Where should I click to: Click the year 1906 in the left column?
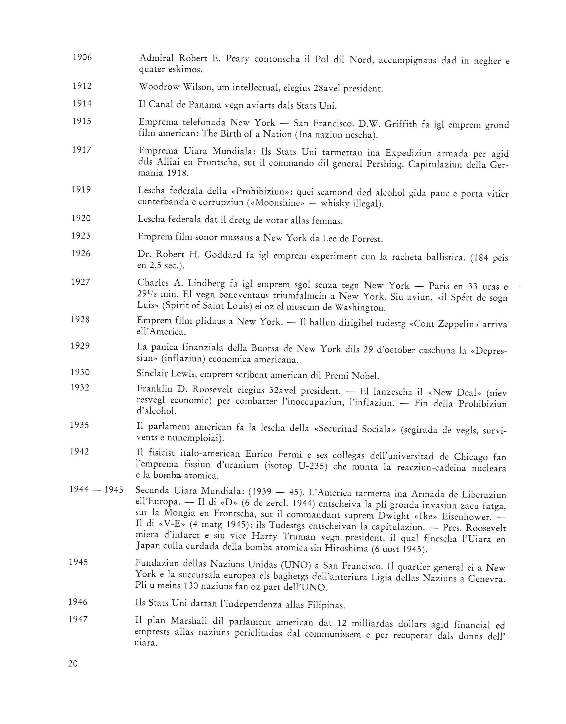[x=82, y=58]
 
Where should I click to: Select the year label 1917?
[x=82, y=150]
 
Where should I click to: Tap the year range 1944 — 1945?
[x=96, y=490]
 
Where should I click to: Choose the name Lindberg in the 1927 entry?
[x=206, y=284]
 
